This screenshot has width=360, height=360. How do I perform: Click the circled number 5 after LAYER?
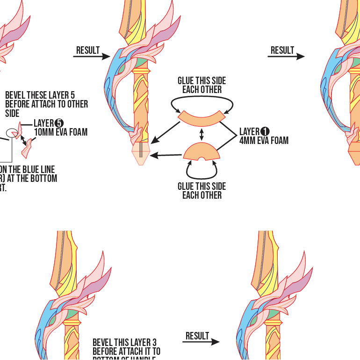click(x=59, y=123)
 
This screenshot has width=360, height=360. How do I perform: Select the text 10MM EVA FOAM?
click(x=61, y=132)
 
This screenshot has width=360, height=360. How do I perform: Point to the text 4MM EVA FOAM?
click(x=264, y=140)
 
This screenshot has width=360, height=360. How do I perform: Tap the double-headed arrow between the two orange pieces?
click(x=202, y=135)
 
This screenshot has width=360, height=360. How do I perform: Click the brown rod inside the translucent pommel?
click(x=140, y=150)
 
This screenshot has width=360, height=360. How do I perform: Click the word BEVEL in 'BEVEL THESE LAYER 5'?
click(x=15, y=95)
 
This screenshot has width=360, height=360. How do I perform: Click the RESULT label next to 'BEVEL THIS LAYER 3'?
click(x=197, y=336)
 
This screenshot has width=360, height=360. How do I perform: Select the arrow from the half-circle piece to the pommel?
click(x=166, y=155)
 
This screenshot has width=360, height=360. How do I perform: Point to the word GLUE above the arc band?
click(x=187, y=81)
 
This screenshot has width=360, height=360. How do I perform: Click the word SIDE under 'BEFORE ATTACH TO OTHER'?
click(x=12, y=113)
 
